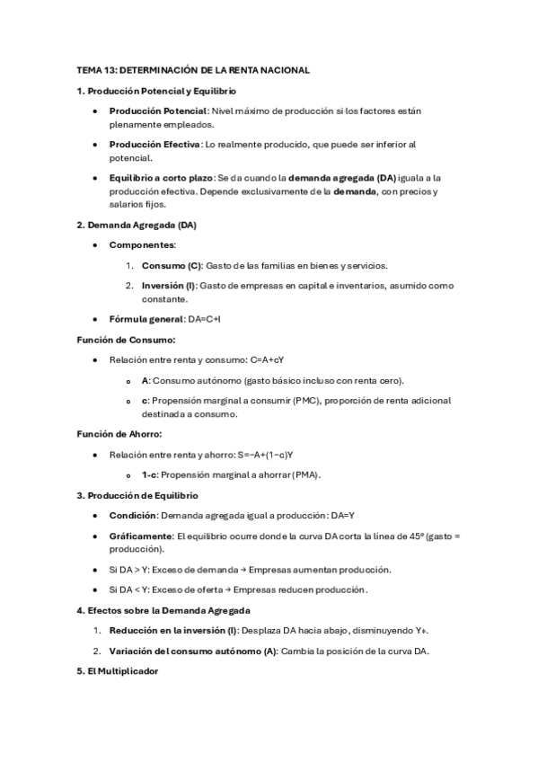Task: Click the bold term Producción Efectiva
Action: pos(155,144)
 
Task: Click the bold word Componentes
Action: pos(142,244)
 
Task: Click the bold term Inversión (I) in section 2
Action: pos(169,286)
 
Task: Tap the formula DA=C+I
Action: pos(205,319)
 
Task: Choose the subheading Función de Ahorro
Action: pos(119,434)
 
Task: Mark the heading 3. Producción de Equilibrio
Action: pos(137,495)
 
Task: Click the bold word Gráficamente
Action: pos(140,536)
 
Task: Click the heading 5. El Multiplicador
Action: pos(117,671)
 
